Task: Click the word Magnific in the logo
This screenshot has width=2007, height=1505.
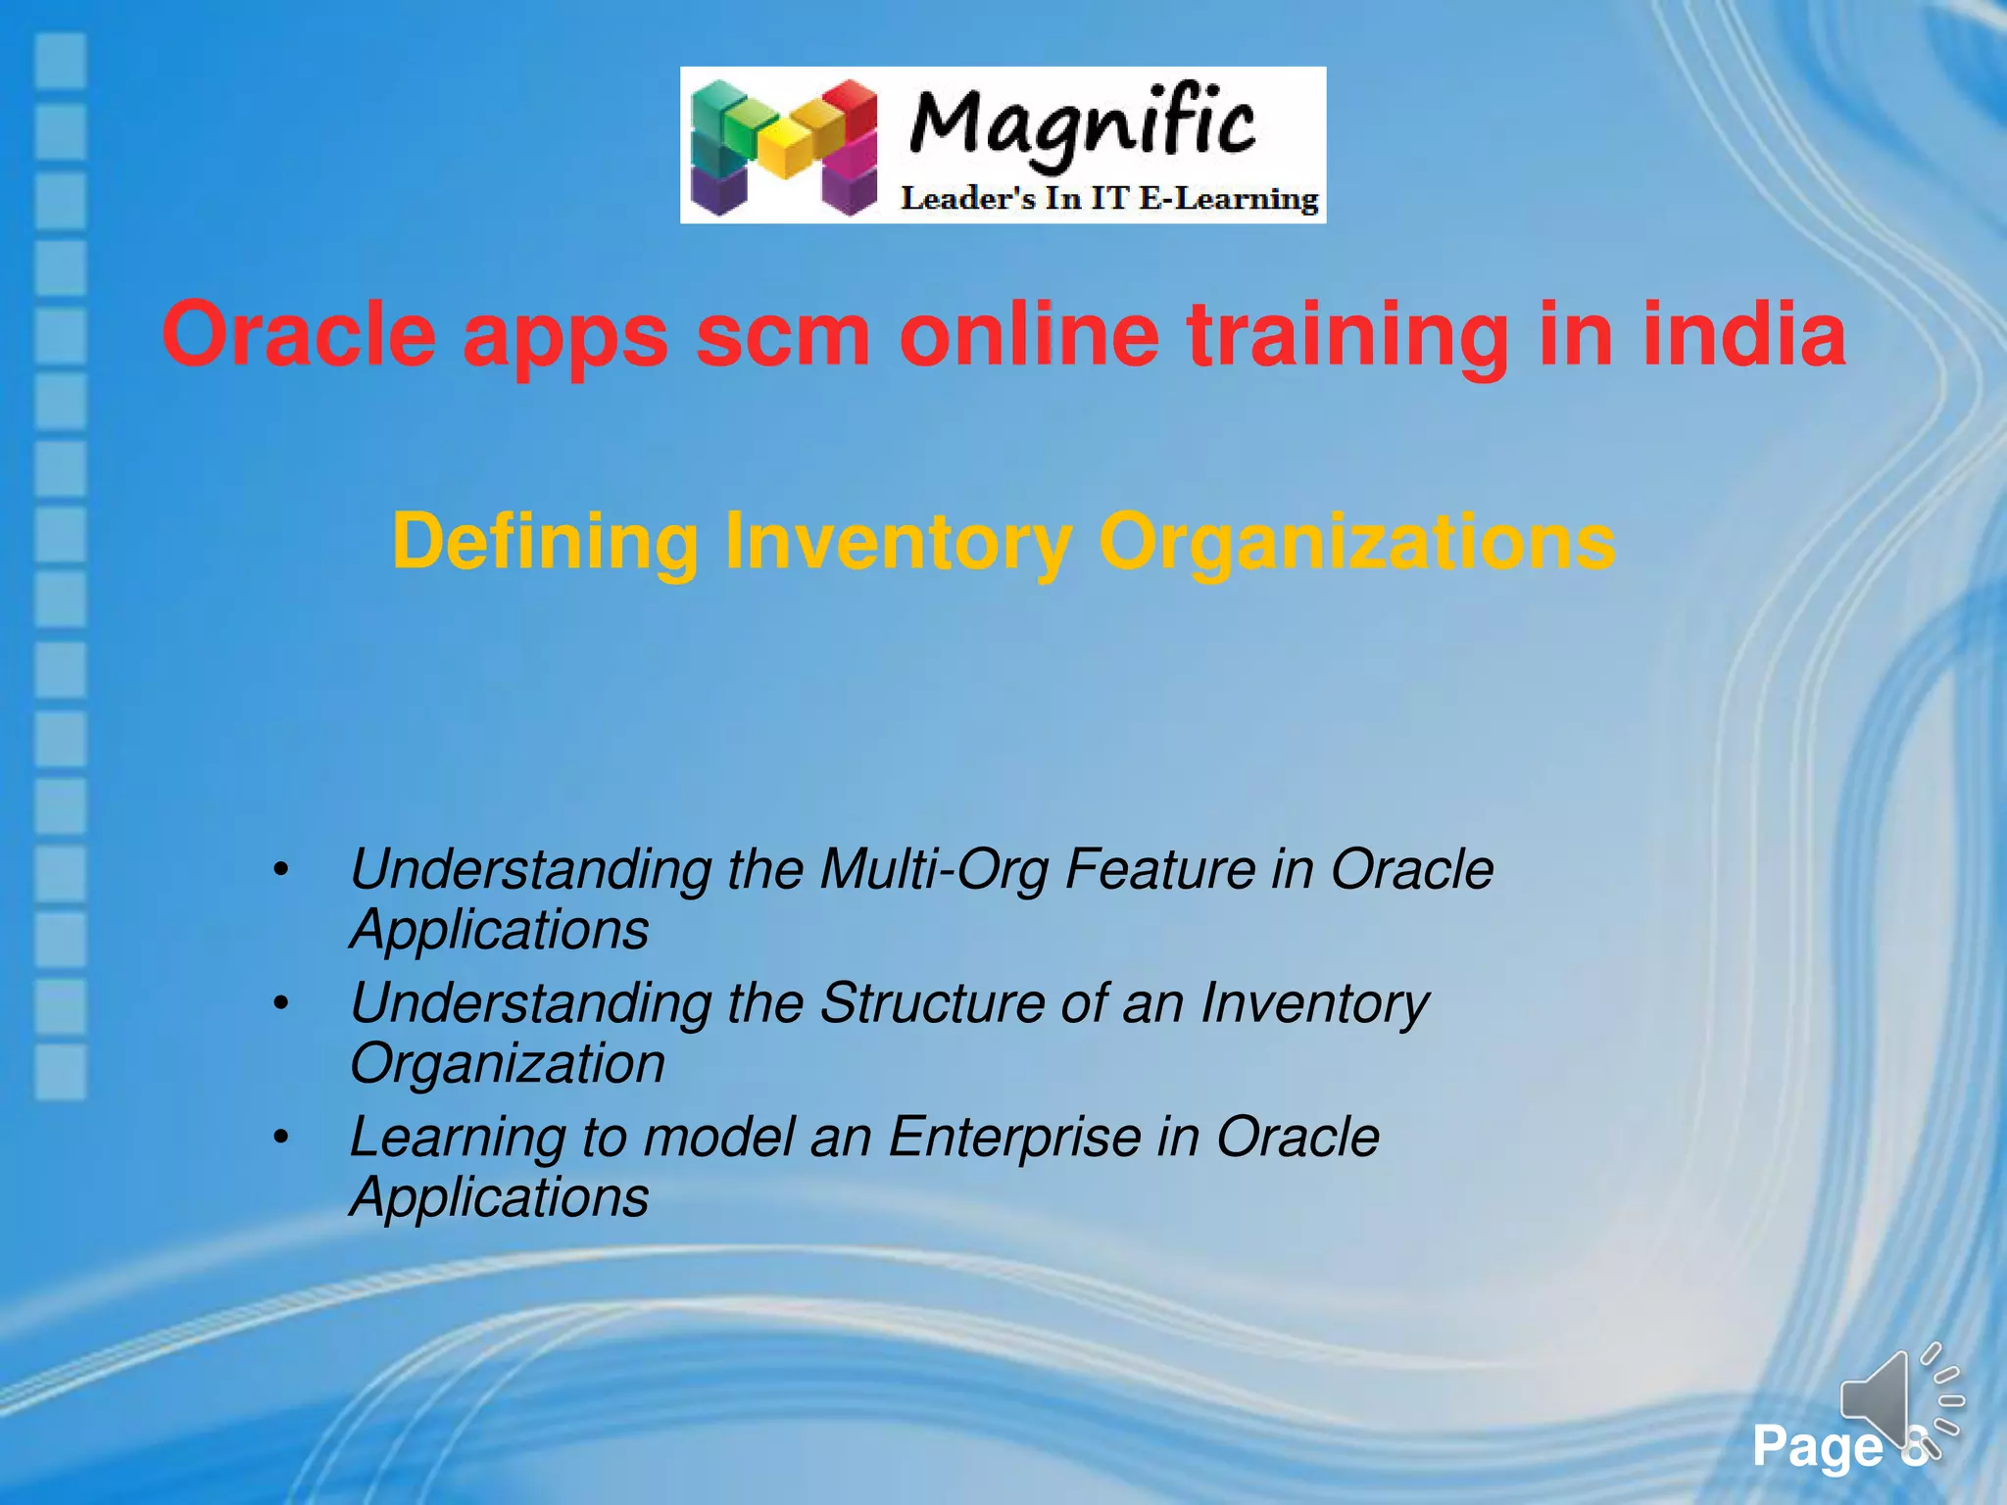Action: click(1082, 125)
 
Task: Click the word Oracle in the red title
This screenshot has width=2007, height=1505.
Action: click(298, 335)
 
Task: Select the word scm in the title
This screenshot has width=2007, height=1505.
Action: click(782, 335)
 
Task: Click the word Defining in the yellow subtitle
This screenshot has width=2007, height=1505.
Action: click(545, 542)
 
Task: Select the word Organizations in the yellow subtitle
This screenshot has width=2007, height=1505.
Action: click(1356, 542)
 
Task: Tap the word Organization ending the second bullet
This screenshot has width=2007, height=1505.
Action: click(507, 1064)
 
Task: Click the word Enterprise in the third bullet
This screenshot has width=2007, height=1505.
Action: click(1013, 1138)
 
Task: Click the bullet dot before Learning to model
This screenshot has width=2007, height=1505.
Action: click(281, 1138)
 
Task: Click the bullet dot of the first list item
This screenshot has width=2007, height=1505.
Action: click(281, 870)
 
